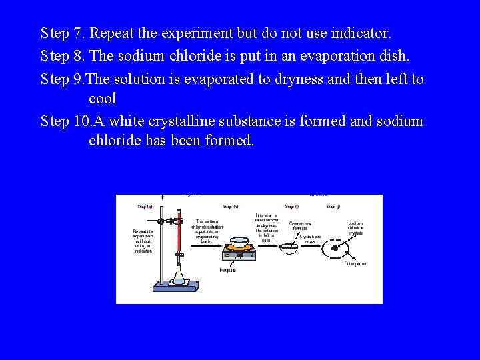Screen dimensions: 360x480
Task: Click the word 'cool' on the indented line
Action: pos(103,99)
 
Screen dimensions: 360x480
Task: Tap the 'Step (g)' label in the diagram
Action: pos(145,207)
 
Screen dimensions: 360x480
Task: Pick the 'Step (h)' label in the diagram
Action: pos(231,207)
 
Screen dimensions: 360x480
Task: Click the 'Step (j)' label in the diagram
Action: pos(333,207)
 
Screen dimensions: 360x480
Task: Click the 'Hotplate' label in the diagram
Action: pos(228,270)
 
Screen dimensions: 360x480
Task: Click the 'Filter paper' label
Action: pos(355,264)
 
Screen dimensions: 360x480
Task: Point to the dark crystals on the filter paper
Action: pos(335,251)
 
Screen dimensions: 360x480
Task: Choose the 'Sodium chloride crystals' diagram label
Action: pos(355,228)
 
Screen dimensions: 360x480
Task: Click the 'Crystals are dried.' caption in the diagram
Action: pos(310,239)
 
